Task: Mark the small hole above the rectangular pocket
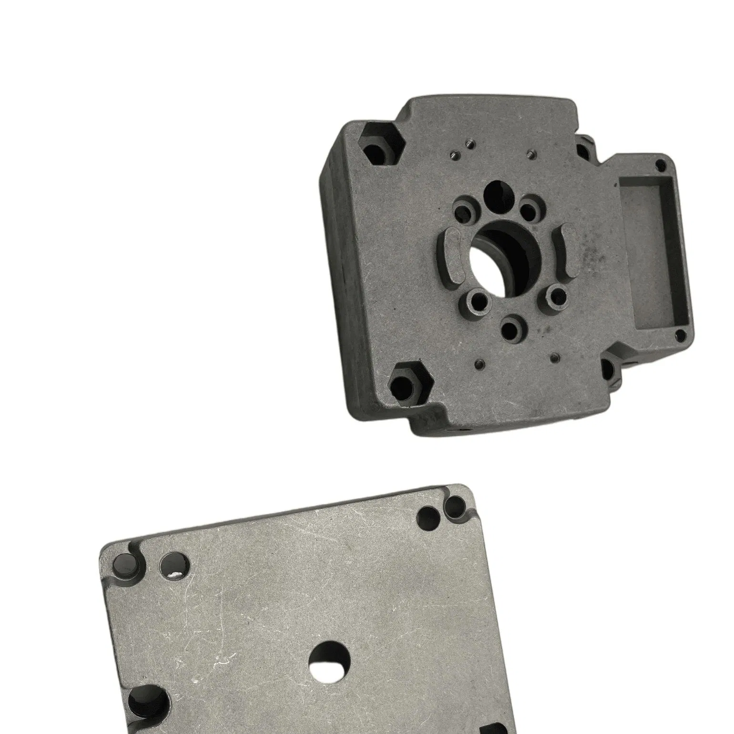coord(660,165)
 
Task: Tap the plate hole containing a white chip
coord(174,566)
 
